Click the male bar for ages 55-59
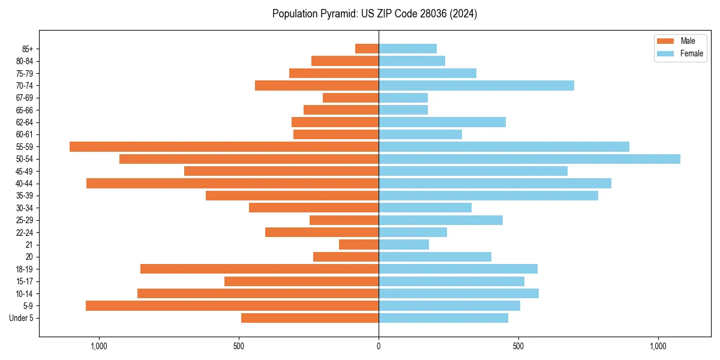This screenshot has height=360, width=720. pyautogui.click(x=224, y=146)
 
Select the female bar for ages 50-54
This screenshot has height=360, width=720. pyautogui.click(x=529, y=159)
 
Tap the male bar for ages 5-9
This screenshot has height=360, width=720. pyautogui.click(x=232, y=305)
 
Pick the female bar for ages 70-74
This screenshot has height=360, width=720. pyautogui.click(x=476, y=85)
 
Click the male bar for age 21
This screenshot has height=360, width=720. pyautogui.click(x=359, y=244)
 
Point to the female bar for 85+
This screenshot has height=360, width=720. pyautogui.click(x=407, y=49)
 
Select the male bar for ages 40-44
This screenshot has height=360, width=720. pyautogui.click(x=232, y=183)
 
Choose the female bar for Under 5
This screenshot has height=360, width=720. pyautogui.click(x=443, y=318)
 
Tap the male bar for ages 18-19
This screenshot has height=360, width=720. pyautogui.click(x=259, y=269)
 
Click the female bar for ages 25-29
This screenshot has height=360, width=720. pyautogui.click(x=440, y=220)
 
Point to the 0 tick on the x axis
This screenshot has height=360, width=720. pyautogui.click(x=379, y=346)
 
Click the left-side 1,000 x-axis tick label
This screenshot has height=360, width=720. pyautogui.click(x=98, y=346)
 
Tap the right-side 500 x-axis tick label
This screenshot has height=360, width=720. pyautogui.click(x=518, y=346)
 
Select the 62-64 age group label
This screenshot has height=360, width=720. pyautogui.click(x=25, y=122)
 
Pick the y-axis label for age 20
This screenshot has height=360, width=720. pyautogui.click(x=29, y=257)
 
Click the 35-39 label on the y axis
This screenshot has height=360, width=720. pyautogui.click(x=25, y=196)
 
